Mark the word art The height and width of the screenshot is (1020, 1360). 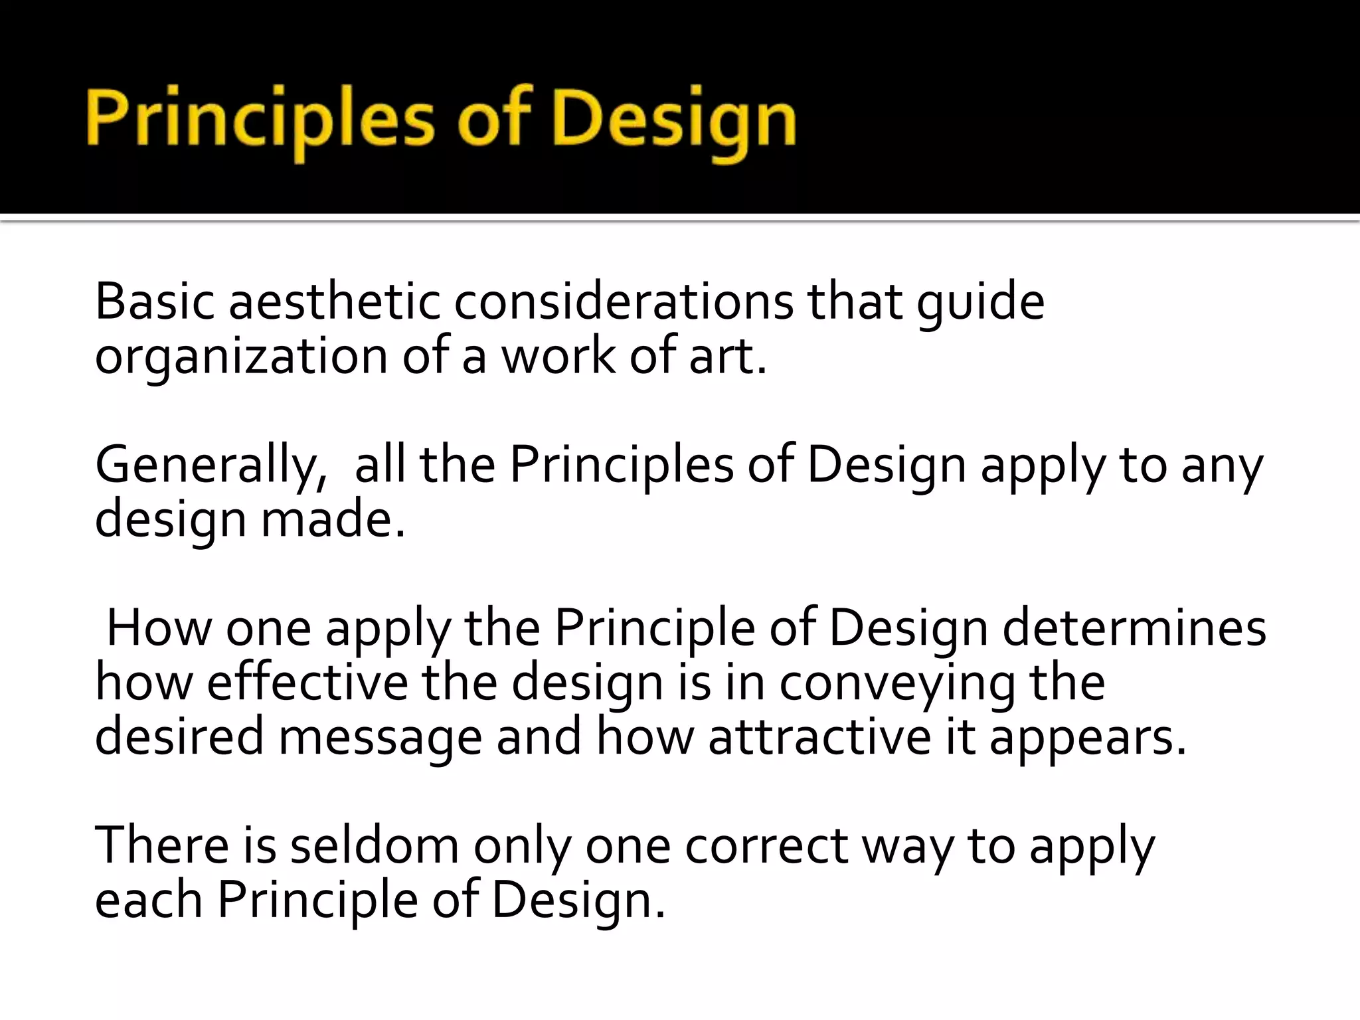[x=726, y=356]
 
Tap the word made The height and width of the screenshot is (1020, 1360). [x=332, y=519]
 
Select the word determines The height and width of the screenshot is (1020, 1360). [x=1134, y=628]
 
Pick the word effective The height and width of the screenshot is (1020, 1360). [x=307, y=683]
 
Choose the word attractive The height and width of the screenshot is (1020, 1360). [x=819, y=737]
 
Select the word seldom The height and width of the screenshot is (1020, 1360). [x=375, y=846]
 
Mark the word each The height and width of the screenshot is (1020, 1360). [x=149, y=900]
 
